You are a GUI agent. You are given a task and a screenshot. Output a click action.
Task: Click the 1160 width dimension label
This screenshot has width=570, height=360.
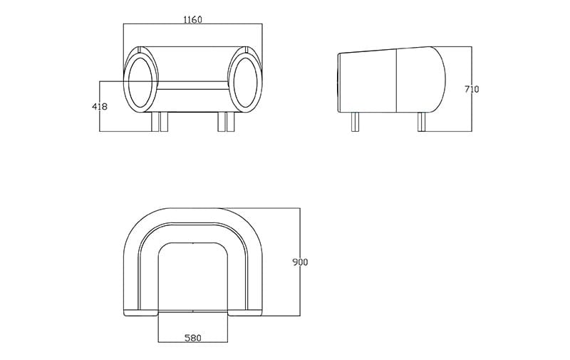click(192, 19)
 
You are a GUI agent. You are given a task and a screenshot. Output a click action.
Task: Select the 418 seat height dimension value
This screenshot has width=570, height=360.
click(100, 106)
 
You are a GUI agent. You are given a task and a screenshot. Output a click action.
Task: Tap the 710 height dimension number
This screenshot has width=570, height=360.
click(471, 89)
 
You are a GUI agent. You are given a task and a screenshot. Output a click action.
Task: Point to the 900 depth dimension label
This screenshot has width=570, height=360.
click(300, 262)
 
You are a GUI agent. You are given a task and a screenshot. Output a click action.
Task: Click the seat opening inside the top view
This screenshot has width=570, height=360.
click(192, 278)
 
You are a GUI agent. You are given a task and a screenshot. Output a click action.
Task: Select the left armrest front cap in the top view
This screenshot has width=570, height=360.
click(140, 313)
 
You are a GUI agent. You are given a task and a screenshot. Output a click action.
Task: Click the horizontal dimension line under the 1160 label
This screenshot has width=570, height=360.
click(192, 25)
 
